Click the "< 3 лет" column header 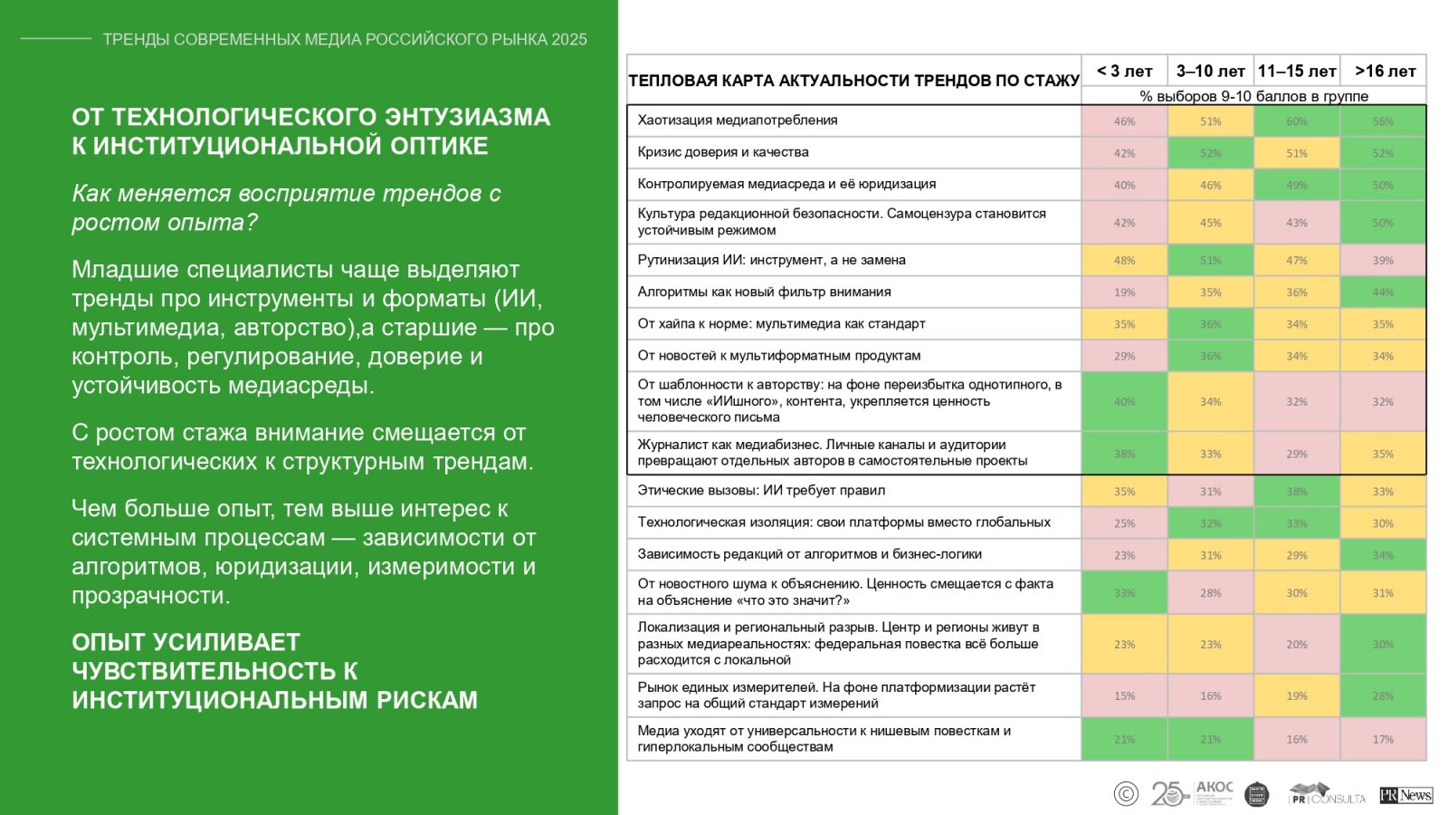tap(1124, 71)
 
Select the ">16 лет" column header tap(1384, 71)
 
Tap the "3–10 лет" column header tap(1210, 71)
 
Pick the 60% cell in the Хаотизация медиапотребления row tap(1297, 121)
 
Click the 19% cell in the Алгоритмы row tap(1124, 292)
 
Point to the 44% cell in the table tap(1383, 292)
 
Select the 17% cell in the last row tap(1383, 740)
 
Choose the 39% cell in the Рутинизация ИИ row tap(1383, 261)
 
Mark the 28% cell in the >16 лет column tap(1383, 696)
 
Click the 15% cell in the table tap(1124, 696)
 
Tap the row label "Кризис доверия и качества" tap(723, 152)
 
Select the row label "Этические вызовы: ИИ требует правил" tap(761, 491)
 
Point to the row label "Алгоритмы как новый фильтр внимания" tap(764, 292)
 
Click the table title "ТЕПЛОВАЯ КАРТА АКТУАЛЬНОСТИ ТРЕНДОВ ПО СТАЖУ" tap(853, 81)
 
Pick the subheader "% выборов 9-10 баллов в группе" tap(1253, 96)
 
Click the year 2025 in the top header tap(569, 40)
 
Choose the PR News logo tap(1405, 795)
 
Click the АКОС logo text tap(1215, 788)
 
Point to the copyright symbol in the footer tap(1126, 794)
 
